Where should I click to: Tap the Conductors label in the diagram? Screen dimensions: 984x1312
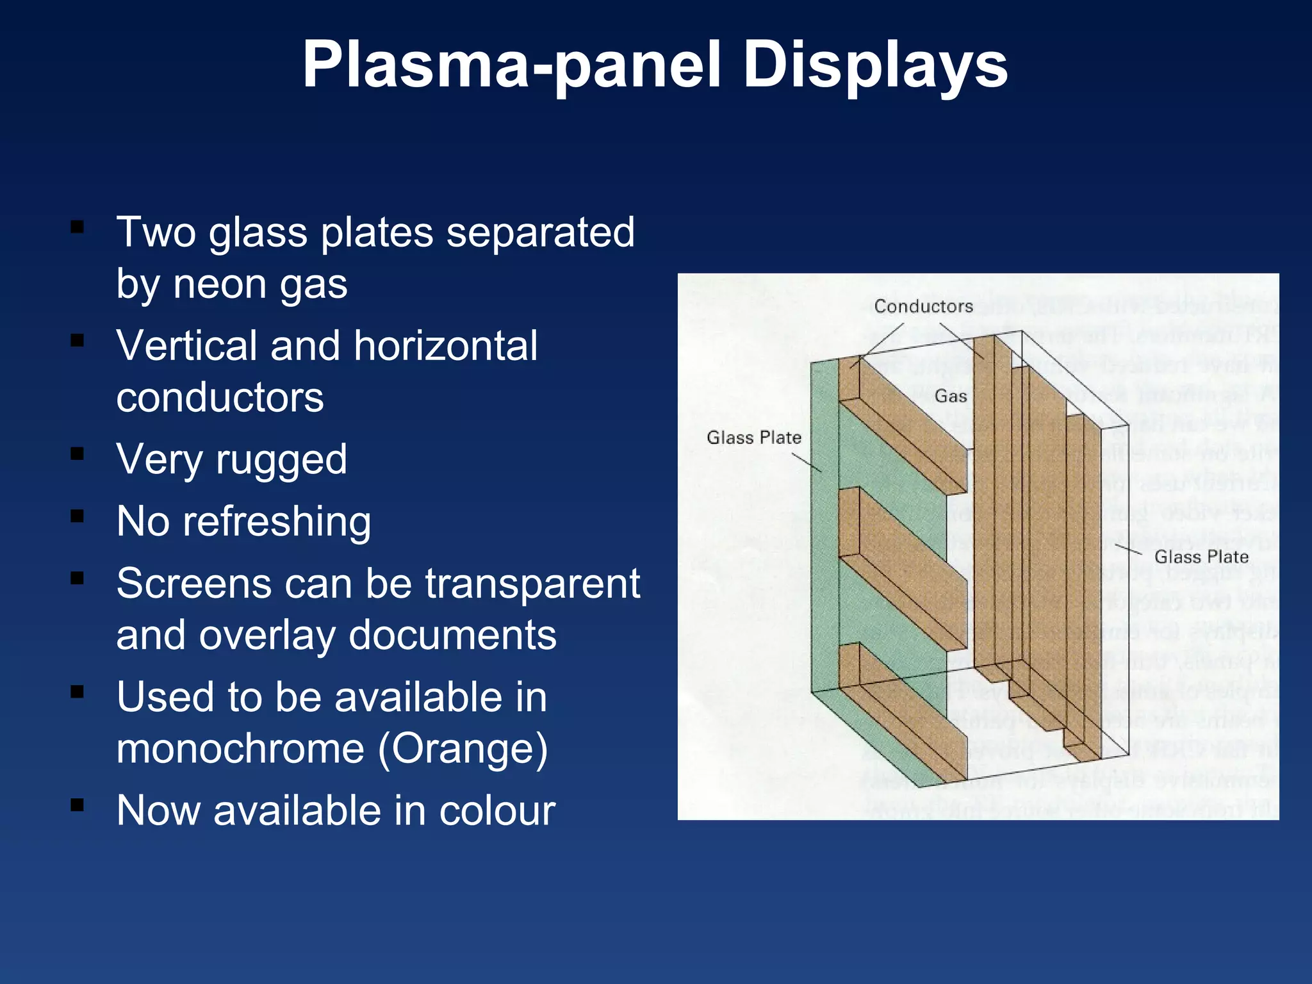(x=923, y=306)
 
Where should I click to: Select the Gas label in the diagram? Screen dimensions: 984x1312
(x=951, y=396)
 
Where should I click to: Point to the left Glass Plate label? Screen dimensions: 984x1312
(x=754, y=438)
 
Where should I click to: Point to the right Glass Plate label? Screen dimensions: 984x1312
(x=1201, y=557)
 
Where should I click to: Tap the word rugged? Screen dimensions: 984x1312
(x=281, y=459)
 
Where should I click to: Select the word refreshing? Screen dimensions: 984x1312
(x=276, y=521)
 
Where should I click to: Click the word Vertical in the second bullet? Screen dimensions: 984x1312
(x=186, y=345)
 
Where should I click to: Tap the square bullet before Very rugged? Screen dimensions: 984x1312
(x=78, y=454)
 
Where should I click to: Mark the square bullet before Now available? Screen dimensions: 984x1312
(x=78, y=805)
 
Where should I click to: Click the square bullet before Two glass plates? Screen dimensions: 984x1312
(x=78, y=227)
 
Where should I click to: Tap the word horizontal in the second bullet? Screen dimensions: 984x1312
(x=445, y=345)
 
